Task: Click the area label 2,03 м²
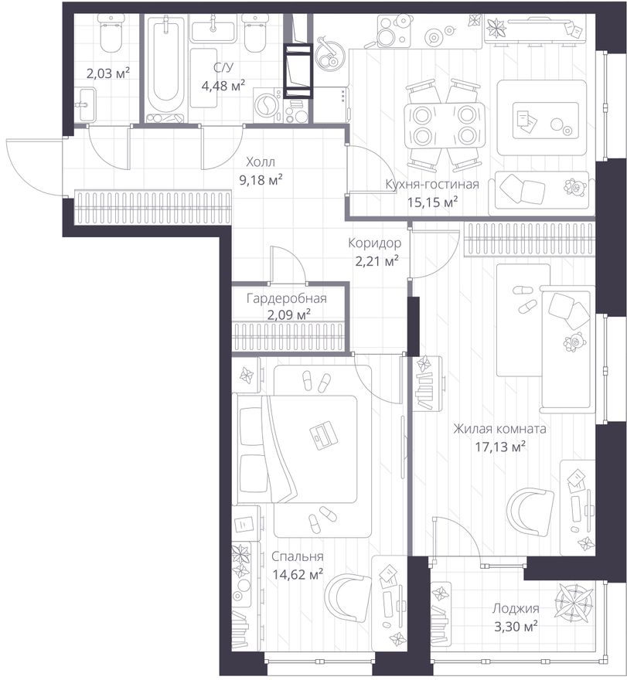point(108,73)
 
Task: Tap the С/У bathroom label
point(223,67)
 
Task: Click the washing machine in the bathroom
point(267,105)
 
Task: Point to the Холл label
point(261,162)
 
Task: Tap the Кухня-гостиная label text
point(432,185)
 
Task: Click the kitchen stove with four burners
point(394,30)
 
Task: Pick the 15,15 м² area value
point(433,202)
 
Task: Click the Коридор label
point(374,243)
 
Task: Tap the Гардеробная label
point(286,298)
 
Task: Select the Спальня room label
point(297,556)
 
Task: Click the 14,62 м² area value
point(297,575)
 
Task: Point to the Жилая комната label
point(499,429)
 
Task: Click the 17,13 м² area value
point(500,447)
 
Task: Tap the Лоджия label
point(516,608)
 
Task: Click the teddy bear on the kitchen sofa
point(575,186)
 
